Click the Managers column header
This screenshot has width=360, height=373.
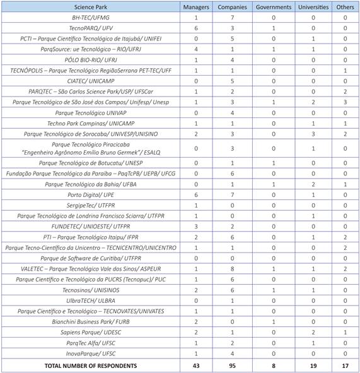point(196,7)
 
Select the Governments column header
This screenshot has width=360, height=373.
point(274,7)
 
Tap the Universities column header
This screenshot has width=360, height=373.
point(313,7)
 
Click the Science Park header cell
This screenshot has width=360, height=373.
point(91,7)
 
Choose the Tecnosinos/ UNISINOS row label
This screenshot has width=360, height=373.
point(91,290)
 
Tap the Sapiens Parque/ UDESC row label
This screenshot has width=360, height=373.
point(91,332)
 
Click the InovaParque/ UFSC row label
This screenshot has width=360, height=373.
point(91,353)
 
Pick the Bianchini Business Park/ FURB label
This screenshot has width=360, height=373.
point(91,321)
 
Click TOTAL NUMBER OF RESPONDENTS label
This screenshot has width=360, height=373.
point(91,365)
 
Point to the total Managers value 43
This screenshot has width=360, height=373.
point(196,365)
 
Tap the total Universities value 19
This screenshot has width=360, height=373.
point(313,365)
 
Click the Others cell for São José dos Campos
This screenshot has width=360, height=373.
point(345,102)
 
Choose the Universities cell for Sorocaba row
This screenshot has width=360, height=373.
point(313,134)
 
